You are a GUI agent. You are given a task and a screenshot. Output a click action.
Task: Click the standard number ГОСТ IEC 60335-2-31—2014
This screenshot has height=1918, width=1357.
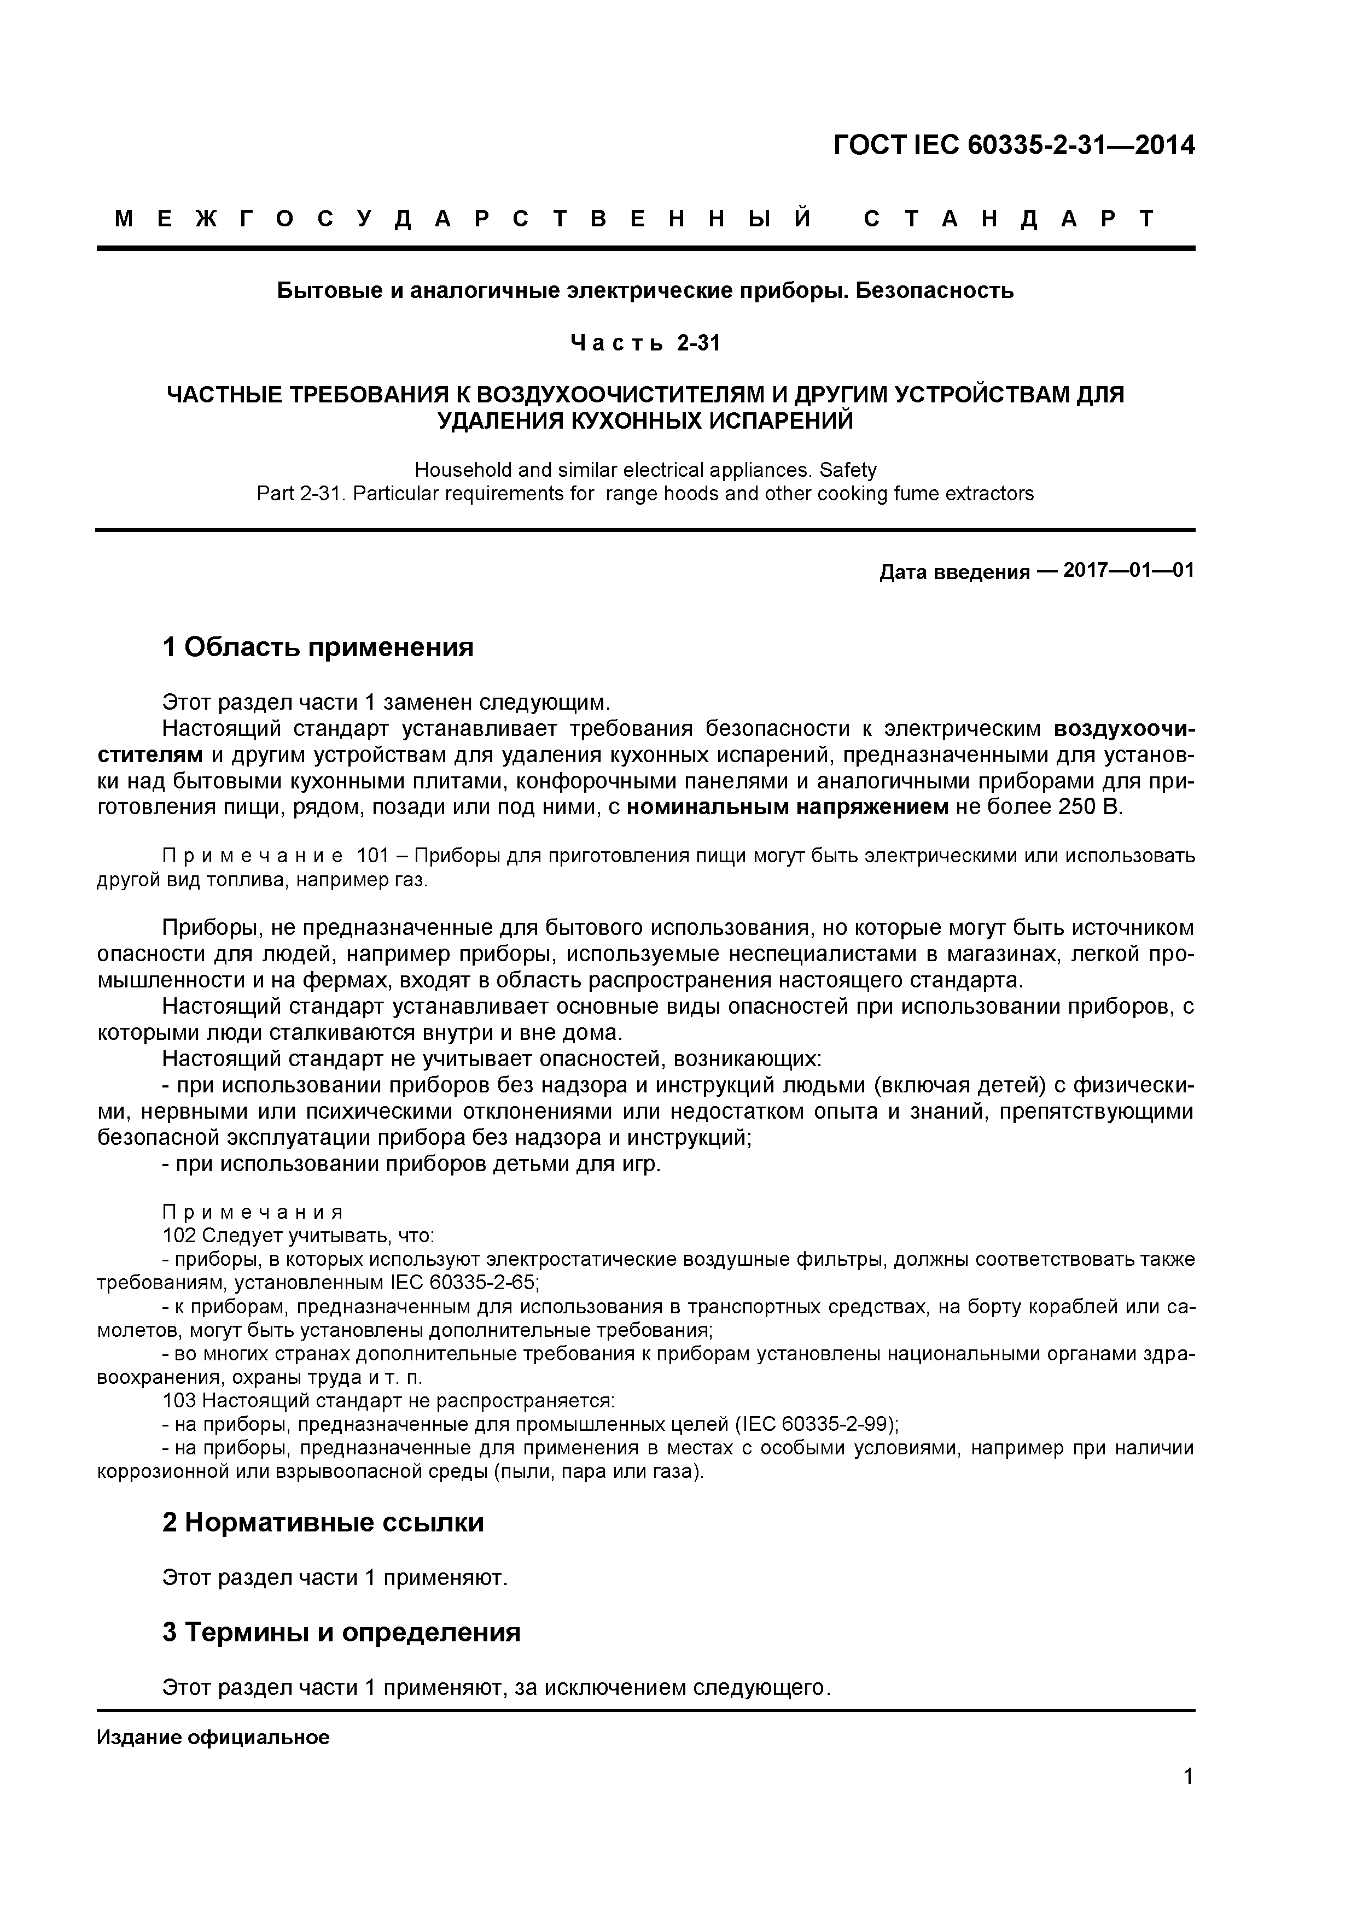[1014, 145]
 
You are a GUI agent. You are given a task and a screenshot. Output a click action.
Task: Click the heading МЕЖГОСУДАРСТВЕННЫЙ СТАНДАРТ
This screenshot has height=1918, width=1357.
[635, 220]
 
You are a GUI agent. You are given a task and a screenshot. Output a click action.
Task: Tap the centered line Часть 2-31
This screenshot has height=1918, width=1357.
[645, 343]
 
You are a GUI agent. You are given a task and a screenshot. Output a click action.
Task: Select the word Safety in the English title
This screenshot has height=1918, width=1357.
[847, 470]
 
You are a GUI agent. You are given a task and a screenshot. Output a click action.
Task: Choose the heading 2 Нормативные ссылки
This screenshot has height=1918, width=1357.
[323, 1523]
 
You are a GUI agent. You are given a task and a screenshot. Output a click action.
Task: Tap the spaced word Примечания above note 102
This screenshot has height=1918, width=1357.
[252, 1212]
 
